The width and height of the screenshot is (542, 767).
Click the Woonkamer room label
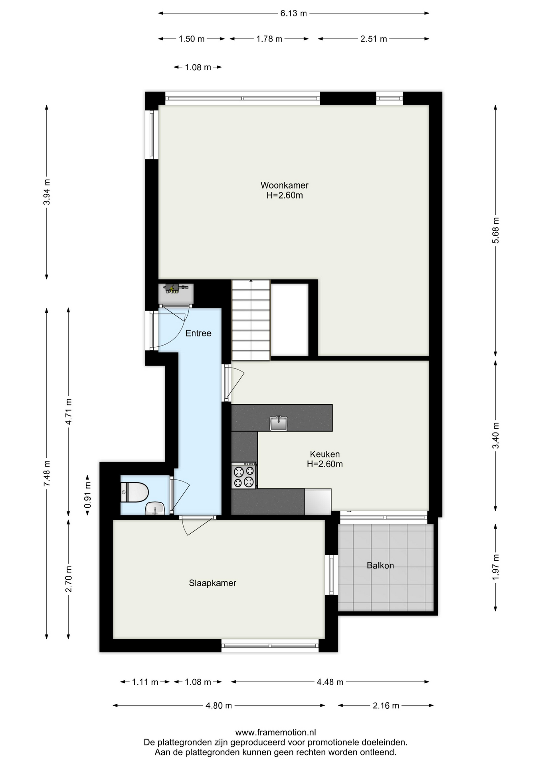click(285, 185)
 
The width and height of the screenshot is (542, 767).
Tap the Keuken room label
click(325, 454)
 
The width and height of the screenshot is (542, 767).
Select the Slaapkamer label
click(213, 583)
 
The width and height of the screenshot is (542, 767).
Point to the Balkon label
click(380, 566)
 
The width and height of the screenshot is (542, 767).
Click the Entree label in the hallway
click(198, 333)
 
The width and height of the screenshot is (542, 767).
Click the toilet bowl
click(135, 492)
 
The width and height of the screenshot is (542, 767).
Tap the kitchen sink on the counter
click(279, 423)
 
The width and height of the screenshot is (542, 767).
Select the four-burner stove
click(244, 475)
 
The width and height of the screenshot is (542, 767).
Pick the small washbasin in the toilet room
click(155, 509)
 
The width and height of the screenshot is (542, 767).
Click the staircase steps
click(251, 320)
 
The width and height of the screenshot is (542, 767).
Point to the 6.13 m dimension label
click(294, 13)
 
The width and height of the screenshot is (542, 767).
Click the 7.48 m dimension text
click(47, 473)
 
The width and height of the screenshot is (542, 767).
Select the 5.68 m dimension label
click(496, 230)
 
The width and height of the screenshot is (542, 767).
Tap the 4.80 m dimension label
click(219, 705)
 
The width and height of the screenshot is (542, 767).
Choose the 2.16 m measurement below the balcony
click(386, 705)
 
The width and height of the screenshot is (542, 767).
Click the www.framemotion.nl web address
click(276, 732)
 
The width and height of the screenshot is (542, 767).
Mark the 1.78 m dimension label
click(269, 39)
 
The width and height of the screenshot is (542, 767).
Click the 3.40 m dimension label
click(496, 435)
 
